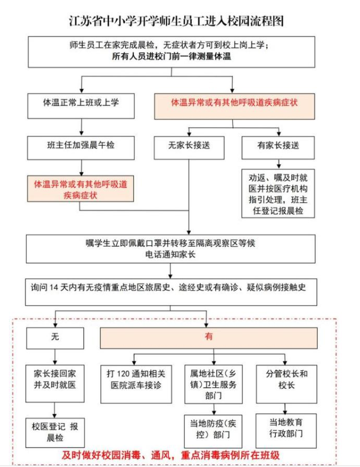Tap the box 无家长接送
189,146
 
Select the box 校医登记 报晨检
54,430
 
